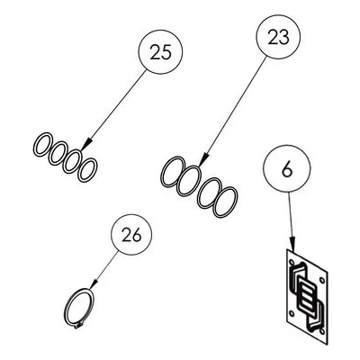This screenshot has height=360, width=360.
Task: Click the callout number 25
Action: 160,52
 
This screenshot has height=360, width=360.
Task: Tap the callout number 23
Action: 279,37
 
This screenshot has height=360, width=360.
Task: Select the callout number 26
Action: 131,235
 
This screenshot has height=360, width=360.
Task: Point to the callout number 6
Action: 287,170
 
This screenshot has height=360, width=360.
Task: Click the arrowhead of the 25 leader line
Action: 85,145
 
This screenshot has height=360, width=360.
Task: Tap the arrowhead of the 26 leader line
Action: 94,284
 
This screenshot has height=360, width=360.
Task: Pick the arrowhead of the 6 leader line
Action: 292,244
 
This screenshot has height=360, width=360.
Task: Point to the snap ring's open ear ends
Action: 79,326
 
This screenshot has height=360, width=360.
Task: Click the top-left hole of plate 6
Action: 292,262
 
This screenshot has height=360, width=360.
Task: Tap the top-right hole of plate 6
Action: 321,281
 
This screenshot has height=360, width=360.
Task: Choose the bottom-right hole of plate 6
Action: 322,331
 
